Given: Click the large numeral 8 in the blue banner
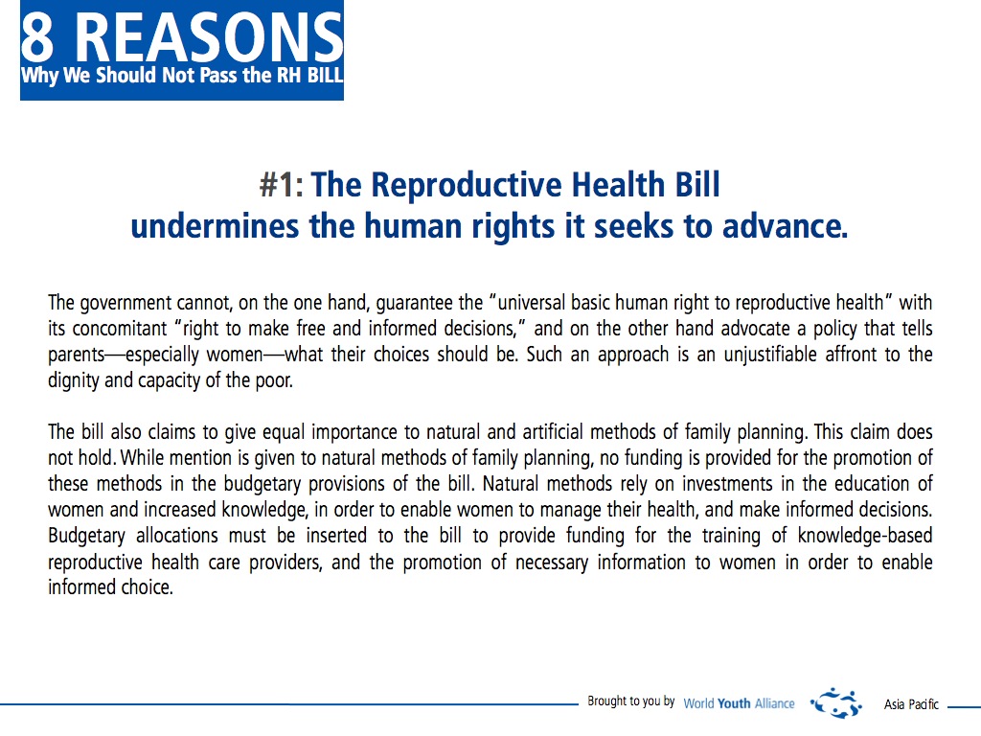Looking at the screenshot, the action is (x=37, y=37).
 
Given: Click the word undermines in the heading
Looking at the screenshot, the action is (x=215, y=226).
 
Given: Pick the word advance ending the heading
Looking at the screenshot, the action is (x=786, y=226).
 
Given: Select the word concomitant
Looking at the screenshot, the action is (x=120, y=329).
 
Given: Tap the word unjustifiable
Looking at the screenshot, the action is (x=770, y=355).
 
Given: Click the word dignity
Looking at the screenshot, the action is (x=73, y=380).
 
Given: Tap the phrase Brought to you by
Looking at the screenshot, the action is (x=630, y=701).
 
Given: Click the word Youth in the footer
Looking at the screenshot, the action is (x=734, y=704).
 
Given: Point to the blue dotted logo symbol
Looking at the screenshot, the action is (x=836, y=702).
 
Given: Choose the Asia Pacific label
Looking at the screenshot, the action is (x=911, y=704).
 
